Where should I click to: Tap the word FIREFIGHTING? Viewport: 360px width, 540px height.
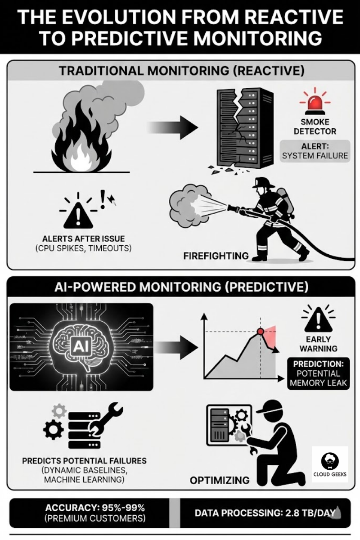coord(216,256)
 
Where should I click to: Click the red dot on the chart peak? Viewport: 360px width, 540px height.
coord(260,332)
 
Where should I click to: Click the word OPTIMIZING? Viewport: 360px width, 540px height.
coord(220,481)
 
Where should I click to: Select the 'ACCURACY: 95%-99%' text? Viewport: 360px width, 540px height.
coord(95,508)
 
